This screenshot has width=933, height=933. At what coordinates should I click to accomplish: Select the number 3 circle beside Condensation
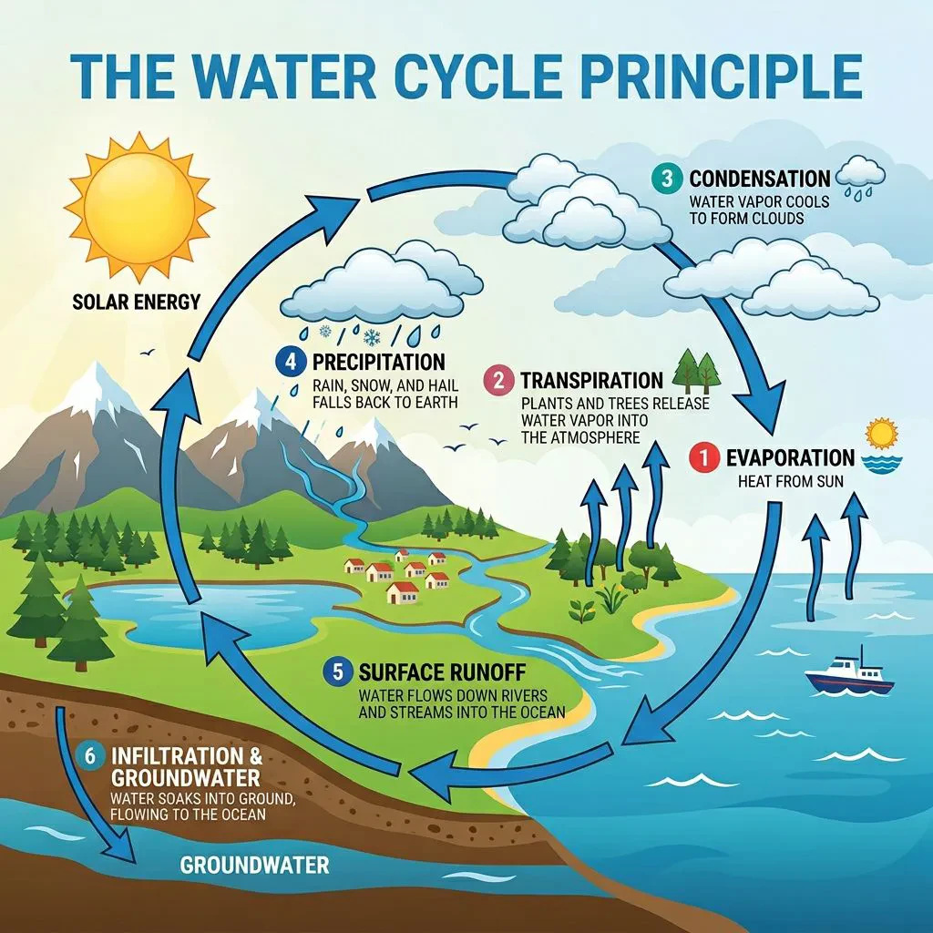point(668,179)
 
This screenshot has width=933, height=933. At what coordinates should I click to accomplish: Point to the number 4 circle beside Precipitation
point(290,362)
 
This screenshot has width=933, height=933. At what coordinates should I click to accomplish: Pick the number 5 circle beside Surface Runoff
point(338,673)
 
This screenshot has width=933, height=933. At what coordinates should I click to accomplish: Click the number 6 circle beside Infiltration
point(90,756)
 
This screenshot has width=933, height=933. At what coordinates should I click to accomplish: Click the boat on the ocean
point(848,672)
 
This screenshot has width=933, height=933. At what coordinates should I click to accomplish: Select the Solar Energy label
point(136,302)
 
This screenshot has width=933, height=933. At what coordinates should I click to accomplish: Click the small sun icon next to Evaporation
point(880,434)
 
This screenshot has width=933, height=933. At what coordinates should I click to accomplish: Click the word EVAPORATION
point(790,457)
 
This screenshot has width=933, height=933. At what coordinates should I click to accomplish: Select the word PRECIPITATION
point(379,362)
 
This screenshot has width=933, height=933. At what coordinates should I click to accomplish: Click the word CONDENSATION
point(760,179)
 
